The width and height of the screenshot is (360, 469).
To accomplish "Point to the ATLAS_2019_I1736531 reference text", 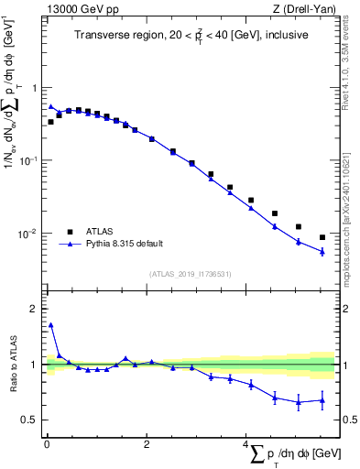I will (191, 273).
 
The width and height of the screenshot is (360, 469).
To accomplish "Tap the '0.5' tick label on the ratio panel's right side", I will (348, 420).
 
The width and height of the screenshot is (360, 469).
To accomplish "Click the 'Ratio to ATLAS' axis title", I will (13, 365).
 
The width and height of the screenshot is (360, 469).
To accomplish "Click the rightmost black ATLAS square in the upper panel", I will (322, 237).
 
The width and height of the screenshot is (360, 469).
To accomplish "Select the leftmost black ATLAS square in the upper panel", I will (51, 121).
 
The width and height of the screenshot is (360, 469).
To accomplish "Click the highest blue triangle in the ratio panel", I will (51, 324).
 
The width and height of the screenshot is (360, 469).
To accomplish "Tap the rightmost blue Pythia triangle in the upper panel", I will (322, 251).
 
